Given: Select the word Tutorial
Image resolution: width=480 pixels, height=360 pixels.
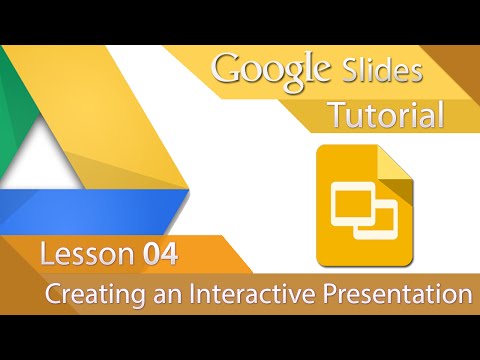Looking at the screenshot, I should click(x=387, y=117).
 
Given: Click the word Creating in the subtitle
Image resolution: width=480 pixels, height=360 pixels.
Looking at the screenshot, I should click(x=87, y=295).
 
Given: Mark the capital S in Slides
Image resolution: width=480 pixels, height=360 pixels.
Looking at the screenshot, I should click(x=350, y=71).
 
